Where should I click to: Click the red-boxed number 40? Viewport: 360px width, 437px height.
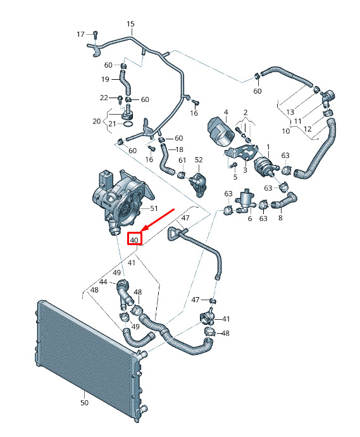point(134,240)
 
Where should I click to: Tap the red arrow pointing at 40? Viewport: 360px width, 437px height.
point(158,220)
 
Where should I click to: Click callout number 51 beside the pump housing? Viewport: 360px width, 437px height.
point(154,208)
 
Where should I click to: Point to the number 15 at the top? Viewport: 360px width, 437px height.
point(130,24)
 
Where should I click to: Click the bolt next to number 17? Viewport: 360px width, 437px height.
point(96,35)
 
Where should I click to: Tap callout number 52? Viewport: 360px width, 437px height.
point(199,160)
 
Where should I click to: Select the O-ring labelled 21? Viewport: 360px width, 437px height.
point(128,124)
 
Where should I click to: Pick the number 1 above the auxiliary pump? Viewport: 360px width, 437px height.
point(268,146)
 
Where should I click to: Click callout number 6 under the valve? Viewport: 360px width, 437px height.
point(250,218)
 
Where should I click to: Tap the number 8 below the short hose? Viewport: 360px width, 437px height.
point(280,218)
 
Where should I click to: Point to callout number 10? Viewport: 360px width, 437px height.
point(286,130)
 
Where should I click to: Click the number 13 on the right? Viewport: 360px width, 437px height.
point(290,112)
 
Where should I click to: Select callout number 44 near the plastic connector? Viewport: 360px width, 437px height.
point(103,282)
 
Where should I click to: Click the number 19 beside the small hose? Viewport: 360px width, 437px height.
point(105,79)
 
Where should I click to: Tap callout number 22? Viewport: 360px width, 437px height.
point(104,98)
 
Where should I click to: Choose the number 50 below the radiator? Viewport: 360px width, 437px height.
point(84,402)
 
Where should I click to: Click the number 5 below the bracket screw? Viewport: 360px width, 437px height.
point(235,177)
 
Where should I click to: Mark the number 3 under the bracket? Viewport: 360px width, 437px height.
point(245,170)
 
